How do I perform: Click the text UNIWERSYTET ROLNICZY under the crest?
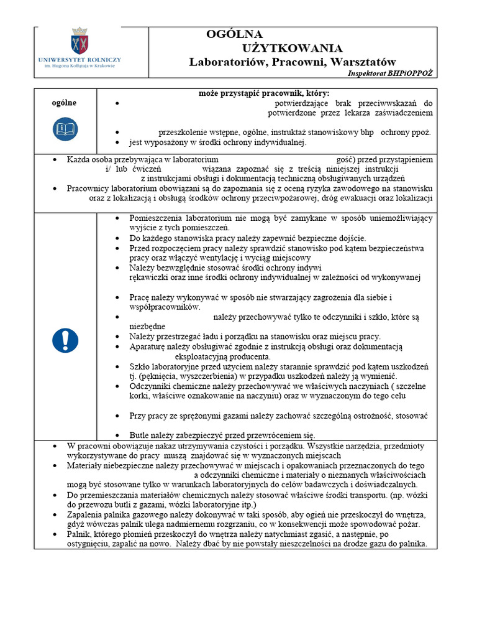click(79, 60)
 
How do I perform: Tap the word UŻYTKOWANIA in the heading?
click(292, 49)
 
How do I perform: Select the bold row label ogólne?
click(63, 103)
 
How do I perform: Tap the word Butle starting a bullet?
click(140, 435)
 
